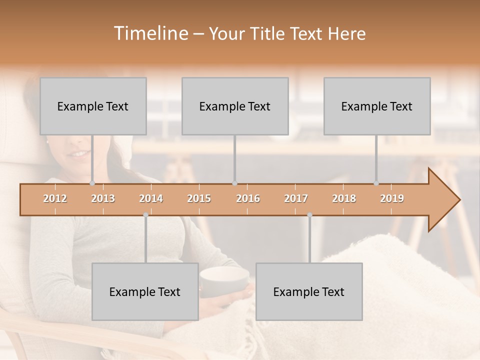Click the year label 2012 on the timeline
pos(55,198)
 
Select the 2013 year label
pos(103,198)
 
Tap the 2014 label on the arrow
pos(151,198)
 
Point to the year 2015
pos(199,198)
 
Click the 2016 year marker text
pos(248,198)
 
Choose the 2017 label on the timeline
pos(296,198)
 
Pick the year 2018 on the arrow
pos(344,198)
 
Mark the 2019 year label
pos(392,198)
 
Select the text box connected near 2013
pos(93,106)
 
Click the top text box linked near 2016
pos(235,106)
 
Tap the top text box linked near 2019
pos(377,106)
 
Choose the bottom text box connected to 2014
pos(145,291)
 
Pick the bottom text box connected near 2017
pos(309,291)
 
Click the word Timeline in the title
pos(149,33)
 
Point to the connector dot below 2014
pos(145,215)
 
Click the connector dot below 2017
pos(309,215)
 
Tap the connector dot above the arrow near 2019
pos(376,183)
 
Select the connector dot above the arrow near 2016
pos(234,183)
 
